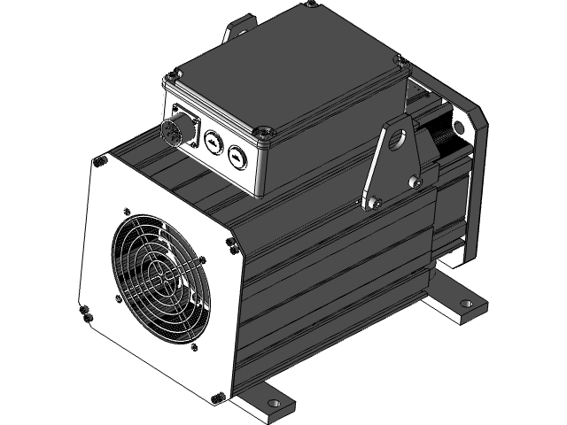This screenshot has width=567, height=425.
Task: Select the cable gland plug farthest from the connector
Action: coord(237,155)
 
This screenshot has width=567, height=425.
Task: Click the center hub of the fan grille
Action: coord(160,277)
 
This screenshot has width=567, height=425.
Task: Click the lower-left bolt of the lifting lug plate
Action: coord(373,204)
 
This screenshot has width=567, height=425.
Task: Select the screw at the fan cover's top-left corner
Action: coord(100,161)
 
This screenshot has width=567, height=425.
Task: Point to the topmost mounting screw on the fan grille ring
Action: coord(129,212)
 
